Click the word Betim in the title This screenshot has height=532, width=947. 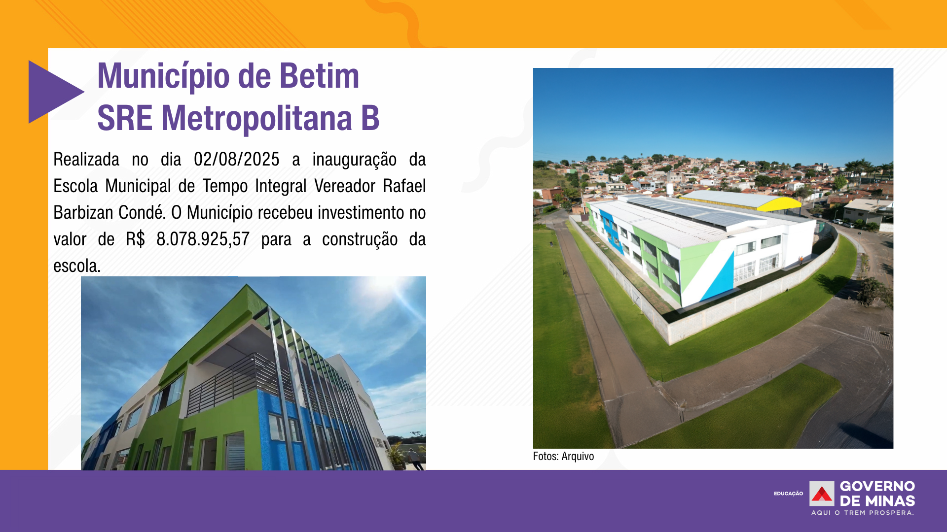[319, 76]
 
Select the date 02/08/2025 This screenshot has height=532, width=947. [236, 160]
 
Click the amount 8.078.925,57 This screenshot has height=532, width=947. [203, 239]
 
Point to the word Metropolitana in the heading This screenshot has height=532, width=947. [256, 119]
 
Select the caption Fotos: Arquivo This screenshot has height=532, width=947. [563, 456]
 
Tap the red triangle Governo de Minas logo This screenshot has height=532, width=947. [822, 494]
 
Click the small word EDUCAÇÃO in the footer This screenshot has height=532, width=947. [788, 494]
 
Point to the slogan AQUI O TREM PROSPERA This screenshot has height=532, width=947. [863, 513]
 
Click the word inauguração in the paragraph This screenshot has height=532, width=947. [354, 160]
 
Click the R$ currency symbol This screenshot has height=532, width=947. [135, 239]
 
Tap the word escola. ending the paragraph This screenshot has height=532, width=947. [77, 266]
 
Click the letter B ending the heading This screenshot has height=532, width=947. [370, 118]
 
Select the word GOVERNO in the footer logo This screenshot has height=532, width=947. [877, 487]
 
